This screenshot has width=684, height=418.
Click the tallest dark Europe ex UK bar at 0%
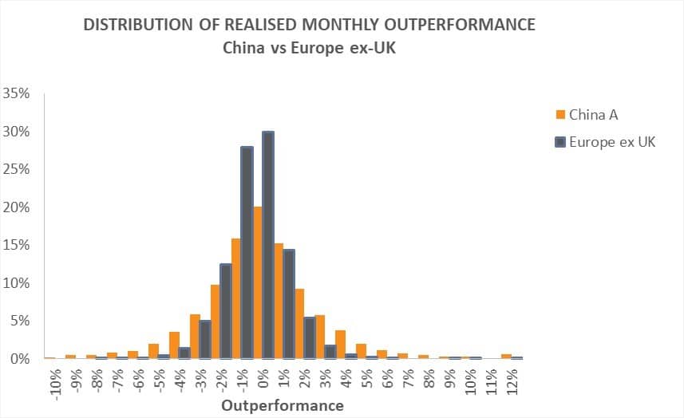tap(268, 245)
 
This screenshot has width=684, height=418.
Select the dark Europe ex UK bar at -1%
tap(247, 253)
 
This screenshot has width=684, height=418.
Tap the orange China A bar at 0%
tap(257, 283)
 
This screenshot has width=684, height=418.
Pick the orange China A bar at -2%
tap(215, 322)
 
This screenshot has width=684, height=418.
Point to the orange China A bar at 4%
tap(340, 345)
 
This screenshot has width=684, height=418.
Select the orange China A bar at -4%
tap(175, 345)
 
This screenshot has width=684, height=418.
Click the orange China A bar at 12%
tap(507, 357)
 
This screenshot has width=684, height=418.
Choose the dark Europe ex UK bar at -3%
tap(205, 340)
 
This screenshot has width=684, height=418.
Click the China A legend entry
tap(587, 115)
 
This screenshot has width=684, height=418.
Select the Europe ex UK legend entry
tap(606, 142)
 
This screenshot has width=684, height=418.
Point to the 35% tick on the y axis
tap(16, 93)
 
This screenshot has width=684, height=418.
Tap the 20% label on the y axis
tap(16, 207)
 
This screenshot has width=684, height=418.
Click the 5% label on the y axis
tap(20, 321)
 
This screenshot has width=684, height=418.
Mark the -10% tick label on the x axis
tap(56, 381)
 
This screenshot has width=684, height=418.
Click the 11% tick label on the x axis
tap(492, 381)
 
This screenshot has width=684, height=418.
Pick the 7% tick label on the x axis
tap(409, 378)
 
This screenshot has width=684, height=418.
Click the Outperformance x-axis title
tap(283, 405)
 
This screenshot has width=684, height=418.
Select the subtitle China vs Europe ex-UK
tap(310, 48)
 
